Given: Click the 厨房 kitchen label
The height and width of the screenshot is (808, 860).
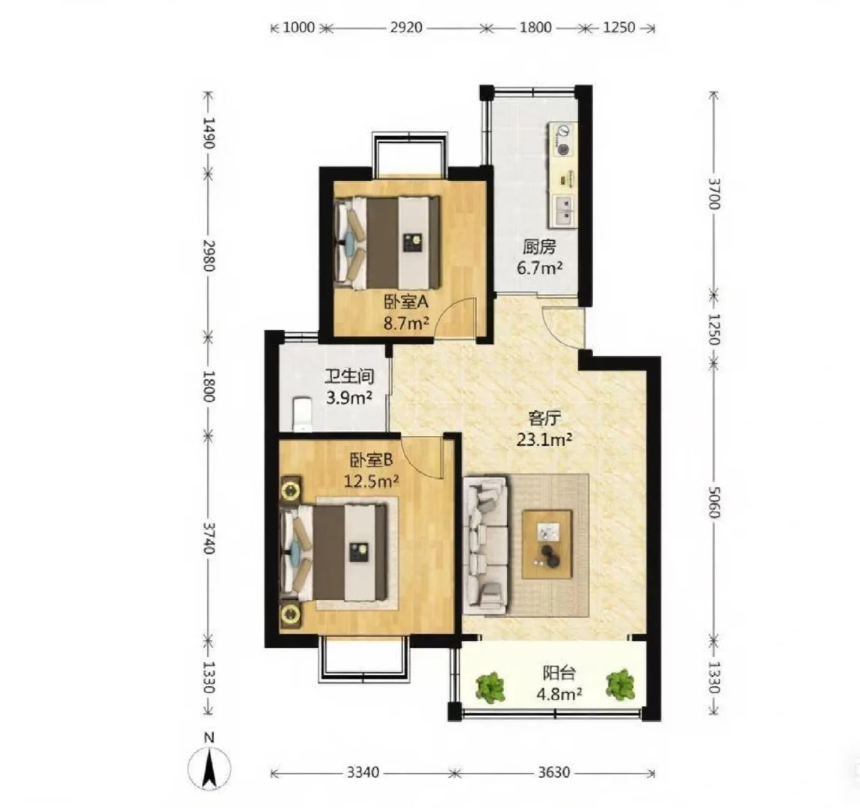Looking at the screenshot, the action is click(x=539, y=247).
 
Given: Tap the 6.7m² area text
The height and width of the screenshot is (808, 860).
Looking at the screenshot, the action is click(x=540, y=268).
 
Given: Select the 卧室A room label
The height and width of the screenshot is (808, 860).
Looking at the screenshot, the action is click(x=406, y=302).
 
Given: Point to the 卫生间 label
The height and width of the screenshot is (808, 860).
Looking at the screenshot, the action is click(x=349, y=376).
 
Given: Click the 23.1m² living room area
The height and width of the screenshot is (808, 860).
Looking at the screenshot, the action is click(x=544, y=439).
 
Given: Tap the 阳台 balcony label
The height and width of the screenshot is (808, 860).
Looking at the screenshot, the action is click(x=559, y=673).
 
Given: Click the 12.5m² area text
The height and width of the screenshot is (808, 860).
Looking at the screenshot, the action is click(x=371, y=481).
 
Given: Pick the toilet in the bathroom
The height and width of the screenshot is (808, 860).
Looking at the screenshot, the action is click(x=301, y=414).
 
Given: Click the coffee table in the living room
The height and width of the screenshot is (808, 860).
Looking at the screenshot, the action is click(x=547, y=544).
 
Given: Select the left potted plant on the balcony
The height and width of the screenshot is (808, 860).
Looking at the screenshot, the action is click(x=490, y=687).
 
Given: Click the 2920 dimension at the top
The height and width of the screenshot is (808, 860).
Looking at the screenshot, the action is click(x=406, y=27).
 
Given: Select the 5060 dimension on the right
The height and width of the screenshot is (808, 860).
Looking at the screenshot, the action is click(x=713, y=502).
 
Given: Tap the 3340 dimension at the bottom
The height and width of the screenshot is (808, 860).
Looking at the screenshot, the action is click(x=363, y=772).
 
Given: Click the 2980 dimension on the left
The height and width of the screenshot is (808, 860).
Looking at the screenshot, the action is click(x=209, y=255).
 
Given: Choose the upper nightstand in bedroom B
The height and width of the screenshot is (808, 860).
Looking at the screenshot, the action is click(x=290, y=489).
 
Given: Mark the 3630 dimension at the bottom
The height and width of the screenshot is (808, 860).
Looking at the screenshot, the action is click(x=553, y=772).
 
